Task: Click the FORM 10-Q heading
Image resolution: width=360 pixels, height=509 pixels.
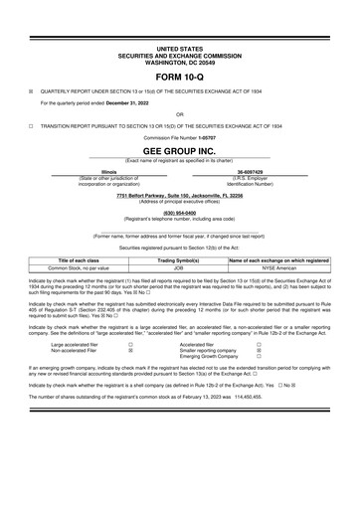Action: click(x=179, y=75)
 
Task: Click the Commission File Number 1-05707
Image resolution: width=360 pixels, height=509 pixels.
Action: click(x=210, y=137)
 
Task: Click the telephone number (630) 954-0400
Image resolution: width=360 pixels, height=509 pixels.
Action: click(x=179, y=212)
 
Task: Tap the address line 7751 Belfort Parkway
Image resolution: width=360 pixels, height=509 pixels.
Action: click(x=179, y=196)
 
